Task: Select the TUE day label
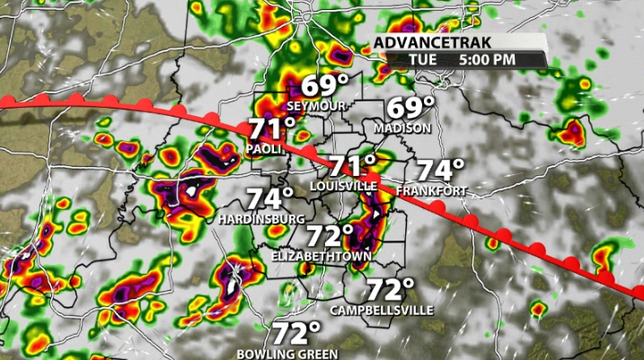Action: (x=422, y=59)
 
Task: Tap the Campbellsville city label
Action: (x=382, y=311)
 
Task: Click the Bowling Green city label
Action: (x=287, y=354)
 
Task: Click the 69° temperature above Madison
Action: (x=410, y=109)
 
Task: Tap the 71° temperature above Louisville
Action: (x=352, y=166)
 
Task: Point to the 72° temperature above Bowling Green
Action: (x=296, y=334)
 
